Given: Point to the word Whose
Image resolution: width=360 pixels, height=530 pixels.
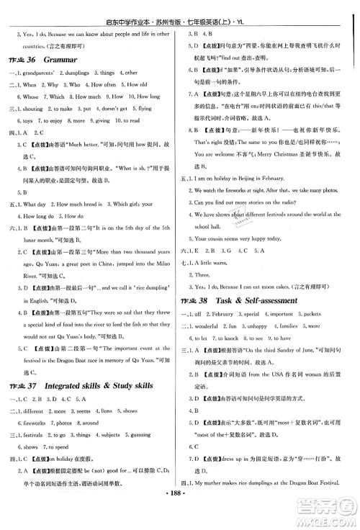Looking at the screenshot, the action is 31,95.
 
